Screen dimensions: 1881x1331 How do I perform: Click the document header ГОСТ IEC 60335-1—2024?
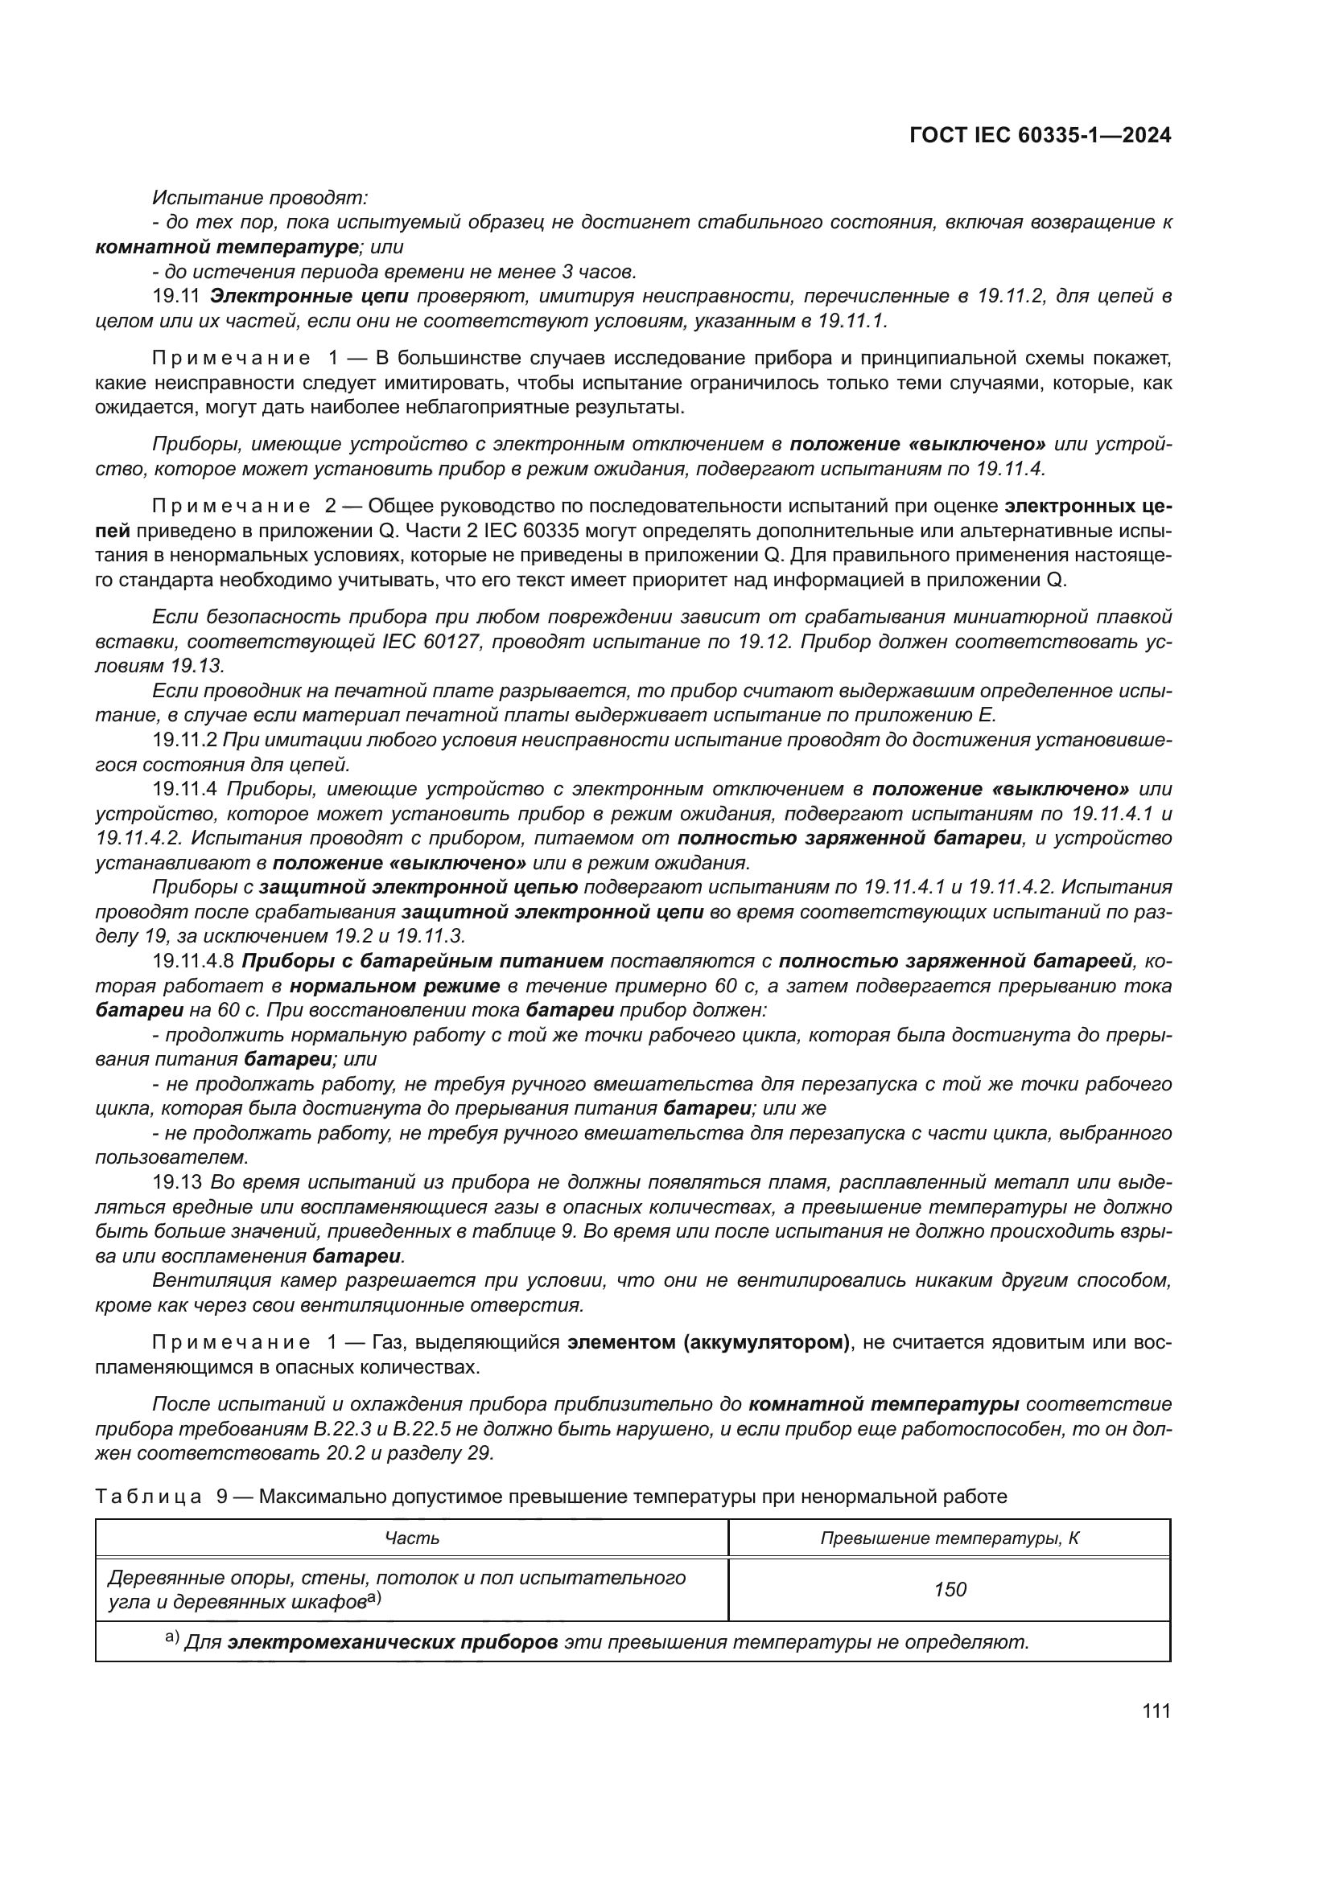pos(1039,136)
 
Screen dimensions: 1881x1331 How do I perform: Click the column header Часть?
pos(412,1538)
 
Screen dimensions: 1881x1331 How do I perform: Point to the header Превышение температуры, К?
pos(950,1538)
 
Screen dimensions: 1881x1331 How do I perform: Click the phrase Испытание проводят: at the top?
pos(261,198)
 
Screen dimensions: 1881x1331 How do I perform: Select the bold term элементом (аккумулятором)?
pos(708,1343)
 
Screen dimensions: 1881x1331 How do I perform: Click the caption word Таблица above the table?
pos(148,1497)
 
